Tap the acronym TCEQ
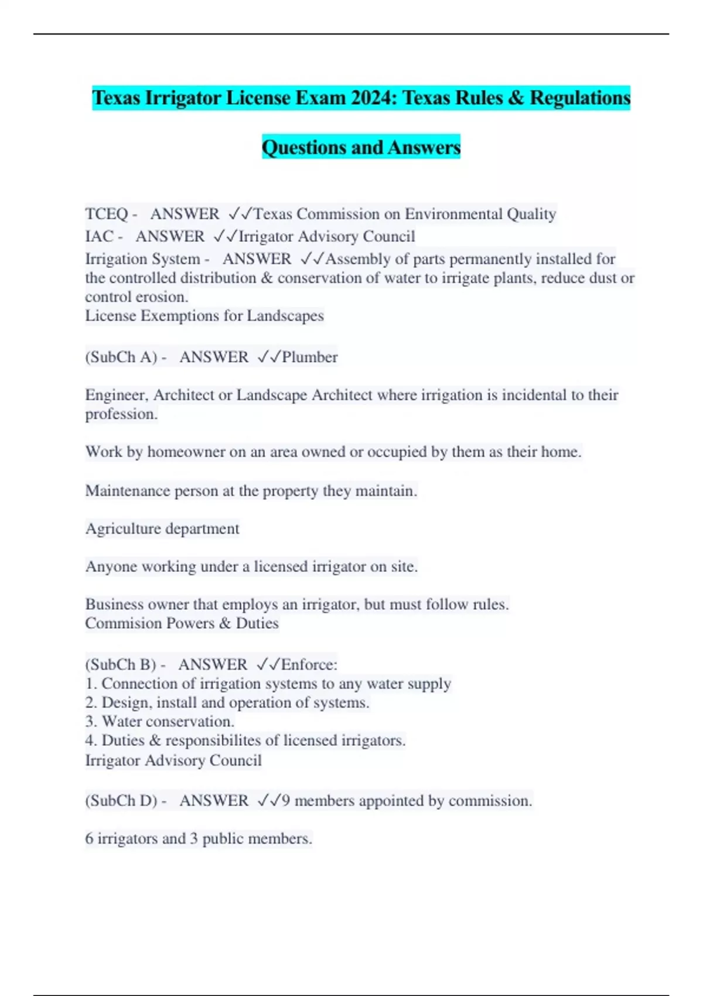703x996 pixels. (106, 214)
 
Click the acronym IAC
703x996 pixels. (99, 236)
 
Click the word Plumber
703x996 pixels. (309, 357)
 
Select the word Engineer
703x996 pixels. (116, 395)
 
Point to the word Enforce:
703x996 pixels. (309, 664)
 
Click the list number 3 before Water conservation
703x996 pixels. (90, 721)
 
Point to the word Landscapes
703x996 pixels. (285, 316)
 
